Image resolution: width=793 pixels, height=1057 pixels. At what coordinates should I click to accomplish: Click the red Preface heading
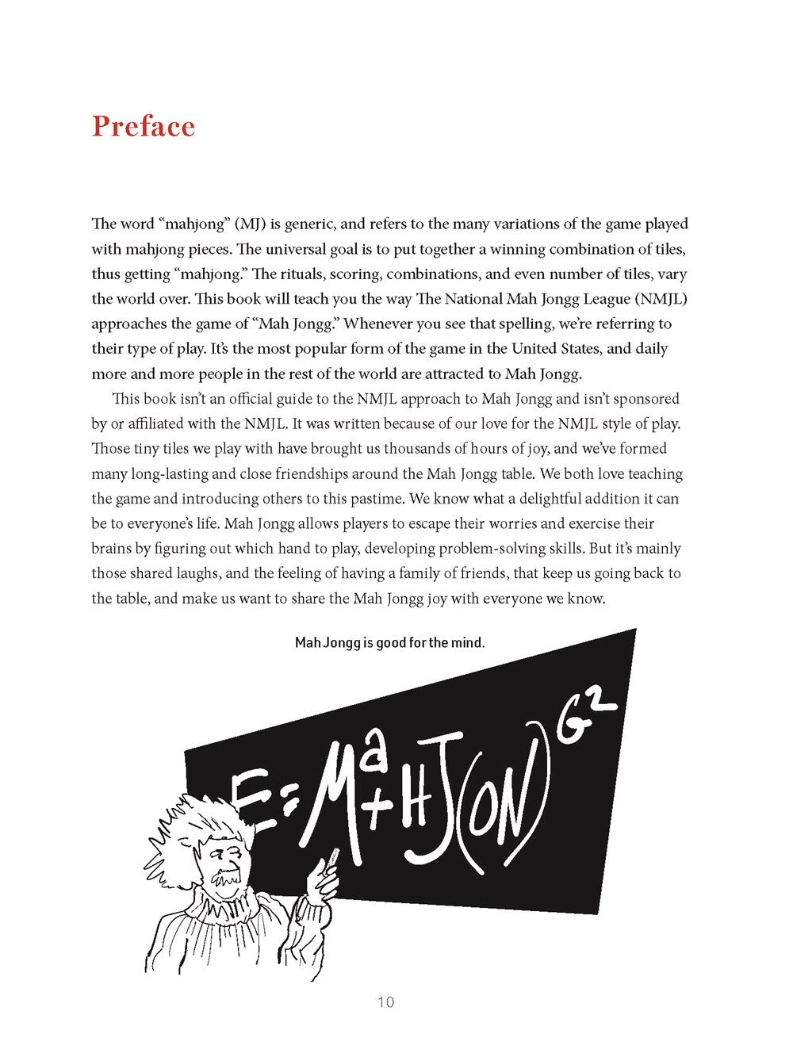coord(143,127)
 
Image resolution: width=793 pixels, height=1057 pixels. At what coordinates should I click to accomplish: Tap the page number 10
coord(385,1002)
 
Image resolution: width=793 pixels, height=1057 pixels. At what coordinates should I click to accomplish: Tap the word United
coord(537,349)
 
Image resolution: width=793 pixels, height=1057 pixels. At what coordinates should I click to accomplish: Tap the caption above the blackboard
coord(389,642)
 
